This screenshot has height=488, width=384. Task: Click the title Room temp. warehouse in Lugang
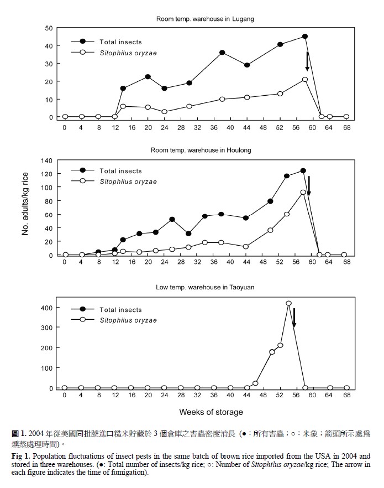(x=205, y=19)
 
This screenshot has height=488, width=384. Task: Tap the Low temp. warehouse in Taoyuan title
(x=205, y=287)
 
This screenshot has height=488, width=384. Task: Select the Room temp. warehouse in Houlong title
(x=201, y=150)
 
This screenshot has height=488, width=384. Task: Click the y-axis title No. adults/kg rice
(x=25, y=204)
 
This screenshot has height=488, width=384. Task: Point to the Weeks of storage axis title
(x=211, y=412)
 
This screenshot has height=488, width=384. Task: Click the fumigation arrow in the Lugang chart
(x=307, y=61)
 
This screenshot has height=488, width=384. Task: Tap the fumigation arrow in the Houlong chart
(x=309, y=186)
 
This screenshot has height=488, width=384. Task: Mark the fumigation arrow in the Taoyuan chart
(x=294, y=318)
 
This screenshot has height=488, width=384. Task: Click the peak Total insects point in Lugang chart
(x=305, y=37)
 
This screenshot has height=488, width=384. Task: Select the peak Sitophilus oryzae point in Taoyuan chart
(x=288, y=303)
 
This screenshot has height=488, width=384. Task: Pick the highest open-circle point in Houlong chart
(x=303, y=193)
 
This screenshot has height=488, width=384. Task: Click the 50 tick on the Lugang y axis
(x=49, y=28)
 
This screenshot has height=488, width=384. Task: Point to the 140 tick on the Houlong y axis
(x=46, y=161)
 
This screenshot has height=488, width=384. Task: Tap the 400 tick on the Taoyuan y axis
(x=46, y=308)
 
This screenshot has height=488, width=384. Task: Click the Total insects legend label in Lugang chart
(x=120, y=42)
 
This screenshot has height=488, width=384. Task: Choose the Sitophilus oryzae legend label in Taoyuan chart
(x=128, y=320)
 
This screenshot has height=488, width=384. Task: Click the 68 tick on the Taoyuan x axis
(x=347, y=395)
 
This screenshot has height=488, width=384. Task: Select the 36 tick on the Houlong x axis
(x=214, y=262)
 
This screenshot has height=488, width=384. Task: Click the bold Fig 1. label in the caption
(x=21, y=456)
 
